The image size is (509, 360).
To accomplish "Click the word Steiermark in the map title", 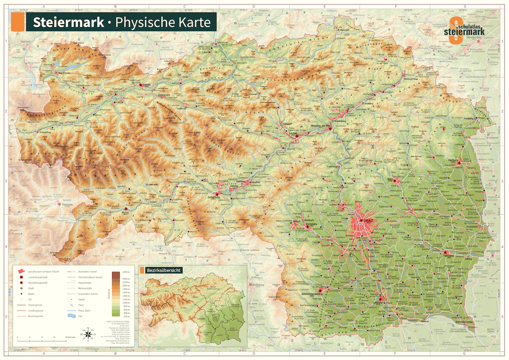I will [67, 22].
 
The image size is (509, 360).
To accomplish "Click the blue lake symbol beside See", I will [70, 316].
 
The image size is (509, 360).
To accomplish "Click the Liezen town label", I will [147, 84].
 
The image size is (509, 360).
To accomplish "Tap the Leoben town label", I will [293, 133].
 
